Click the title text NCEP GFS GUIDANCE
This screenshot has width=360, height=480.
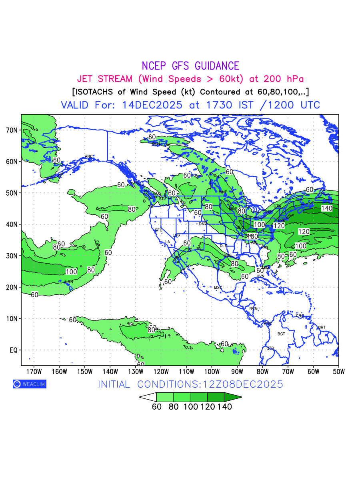pyautogui.click(x=190, y=66)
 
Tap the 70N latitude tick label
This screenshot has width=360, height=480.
pyautogui.click(x=12, y=130)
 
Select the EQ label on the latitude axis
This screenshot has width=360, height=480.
pyautogui.click(x=13, y=350)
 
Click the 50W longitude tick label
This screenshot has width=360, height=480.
pyautogui.click(x=338, y=372)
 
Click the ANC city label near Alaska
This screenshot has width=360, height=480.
pyautogui.click(x=89, y=156)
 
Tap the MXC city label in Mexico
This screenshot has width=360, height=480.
pyautogui.click(x=218, y=288)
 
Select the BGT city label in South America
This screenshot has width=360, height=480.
pyautogui.click(x=281, y=334)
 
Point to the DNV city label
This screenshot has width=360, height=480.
pyautogui.click(x=203, y=224)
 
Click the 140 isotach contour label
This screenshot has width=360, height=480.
pyautogui.click(x=326, y=208)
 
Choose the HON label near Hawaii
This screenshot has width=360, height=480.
pyautogui.click(x=69, y=282)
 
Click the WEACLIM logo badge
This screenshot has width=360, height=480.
pyautogui.click(x=30, y=384)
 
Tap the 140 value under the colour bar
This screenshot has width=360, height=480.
pyautogui.click(x=224, y=407)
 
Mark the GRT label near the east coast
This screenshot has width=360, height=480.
pyautogui.click(x=322, y=328)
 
